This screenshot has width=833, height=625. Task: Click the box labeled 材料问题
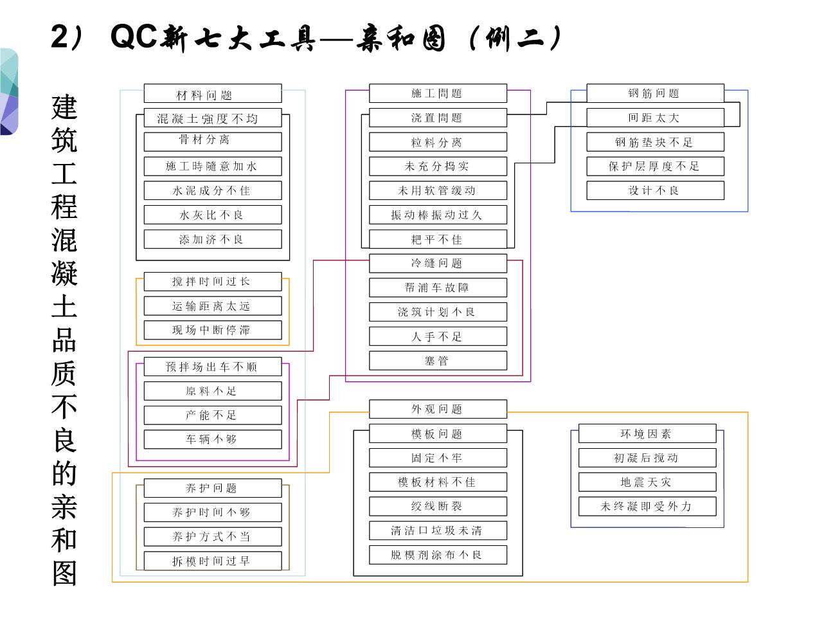[x=212, y=94]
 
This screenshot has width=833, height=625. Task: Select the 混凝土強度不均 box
[x=208, y=118]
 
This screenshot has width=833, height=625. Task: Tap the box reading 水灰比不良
[x=212, y=215]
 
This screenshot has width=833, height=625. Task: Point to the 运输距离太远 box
[x=212, y=306]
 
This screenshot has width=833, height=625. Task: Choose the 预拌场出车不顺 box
[x=212, y=367]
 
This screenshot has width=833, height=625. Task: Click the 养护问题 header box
[x=212, y=488]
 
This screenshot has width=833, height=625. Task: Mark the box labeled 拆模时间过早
[x=212, y=561]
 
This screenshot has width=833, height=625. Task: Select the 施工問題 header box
[x=438, y=93]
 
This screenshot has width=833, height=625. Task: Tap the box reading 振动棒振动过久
[x=438, y=215]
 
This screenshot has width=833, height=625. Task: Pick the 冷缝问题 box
[x=438, y=263]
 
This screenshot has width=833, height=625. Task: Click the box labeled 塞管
[x=438, y=361]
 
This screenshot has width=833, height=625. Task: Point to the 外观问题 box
[x=438, y=409]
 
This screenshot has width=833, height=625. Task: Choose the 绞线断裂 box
[x=438, y=506]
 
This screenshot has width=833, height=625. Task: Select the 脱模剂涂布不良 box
[x=438, y=555]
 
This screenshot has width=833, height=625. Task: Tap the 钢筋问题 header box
[x=655, y=93]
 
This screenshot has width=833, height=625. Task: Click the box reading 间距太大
[x=655, y=118]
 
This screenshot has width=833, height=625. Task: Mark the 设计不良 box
[x=655, y=190]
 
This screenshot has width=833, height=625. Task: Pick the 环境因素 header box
[x=647, y=433]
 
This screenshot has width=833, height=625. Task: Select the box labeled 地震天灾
[x=647, y=482]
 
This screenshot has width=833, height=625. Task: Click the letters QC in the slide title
[x=134, y=37]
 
